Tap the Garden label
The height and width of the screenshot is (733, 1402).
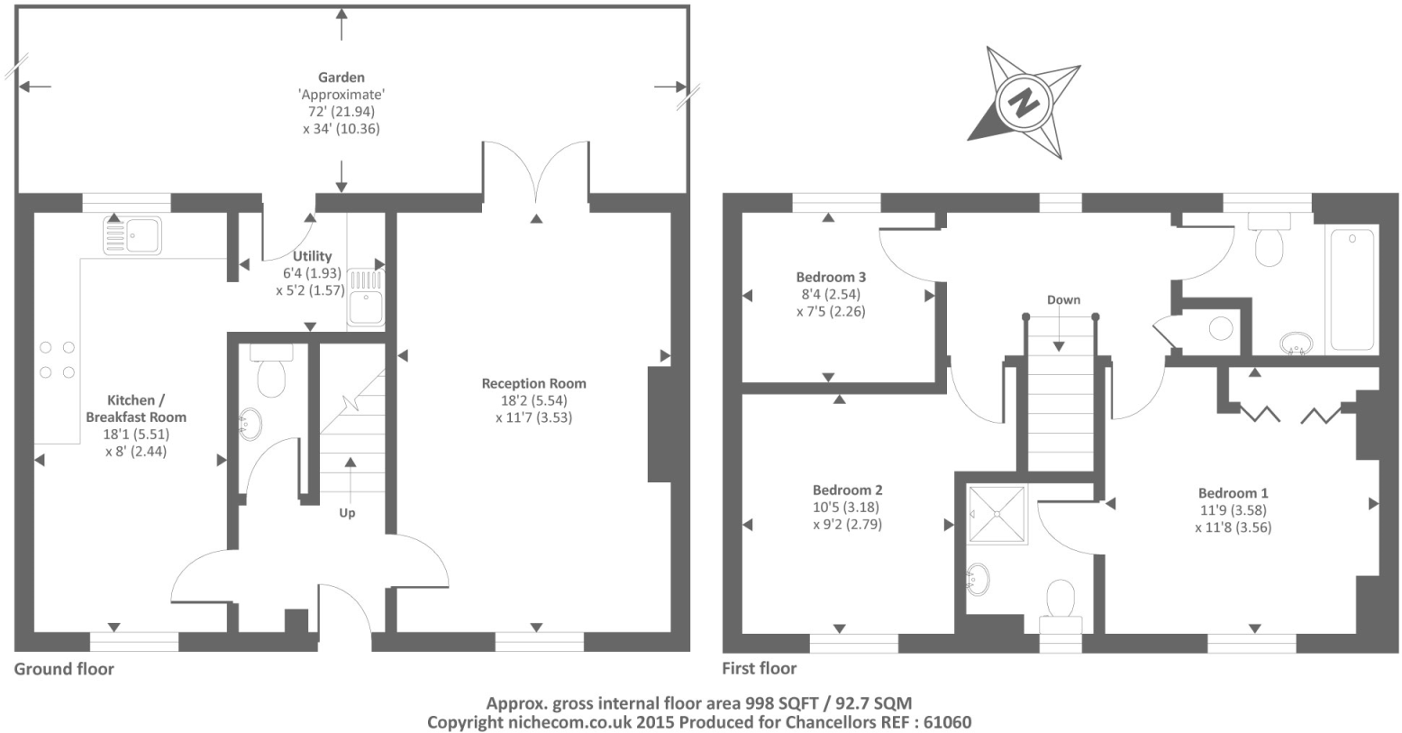(341, 78)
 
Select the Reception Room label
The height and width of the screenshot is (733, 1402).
(533, 383)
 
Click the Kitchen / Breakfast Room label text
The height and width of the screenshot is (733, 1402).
(136, 408)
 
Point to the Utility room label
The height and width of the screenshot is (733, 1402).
(312, 256)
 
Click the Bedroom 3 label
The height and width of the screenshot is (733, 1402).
(831, 277)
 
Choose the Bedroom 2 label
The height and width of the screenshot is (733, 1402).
(847, 490)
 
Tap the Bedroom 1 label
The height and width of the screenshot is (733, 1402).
(1233, 493)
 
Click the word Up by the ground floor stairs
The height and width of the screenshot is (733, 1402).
(347, 513)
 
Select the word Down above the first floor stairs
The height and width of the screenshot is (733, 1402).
(1063, 300)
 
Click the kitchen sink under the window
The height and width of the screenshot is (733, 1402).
(132, 235)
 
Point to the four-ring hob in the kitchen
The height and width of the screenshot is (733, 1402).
(56, 360)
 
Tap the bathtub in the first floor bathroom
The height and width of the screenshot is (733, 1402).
(1352, 289)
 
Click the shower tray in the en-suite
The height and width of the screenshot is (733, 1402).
(997, 514)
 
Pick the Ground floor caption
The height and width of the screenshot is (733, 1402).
(64, 669)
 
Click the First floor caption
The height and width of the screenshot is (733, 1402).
(759, 669)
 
